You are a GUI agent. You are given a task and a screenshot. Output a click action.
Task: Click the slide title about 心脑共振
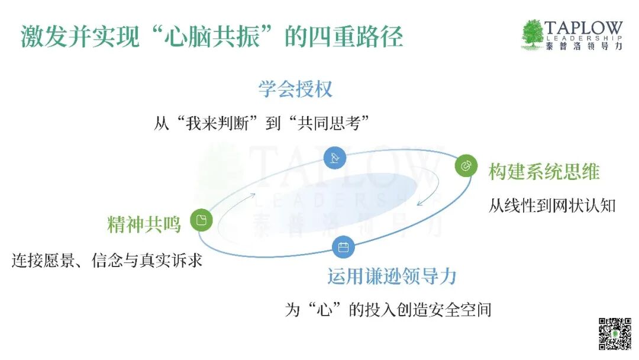coord(211,37)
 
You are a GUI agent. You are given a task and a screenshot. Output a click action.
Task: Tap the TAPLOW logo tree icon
coord(532,34)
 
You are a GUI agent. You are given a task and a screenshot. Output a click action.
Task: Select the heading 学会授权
coord(295,89)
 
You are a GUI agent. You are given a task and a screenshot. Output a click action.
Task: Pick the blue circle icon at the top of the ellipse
coord(335,157)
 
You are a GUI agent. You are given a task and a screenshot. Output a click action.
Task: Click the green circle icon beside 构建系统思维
coord(466,166)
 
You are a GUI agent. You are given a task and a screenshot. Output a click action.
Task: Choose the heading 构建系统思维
coord(544,172)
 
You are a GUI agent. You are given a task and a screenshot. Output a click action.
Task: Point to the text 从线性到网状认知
coord(552,205)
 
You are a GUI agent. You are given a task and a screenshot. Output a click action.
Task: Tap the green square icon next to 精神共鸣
coord(201,220)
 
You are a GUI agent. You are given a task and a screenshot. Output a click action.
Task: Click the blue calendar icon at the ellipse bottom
coord(343,247)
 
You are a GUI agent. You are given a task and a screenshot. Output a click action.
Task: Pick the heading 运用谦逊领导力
coord(392,277)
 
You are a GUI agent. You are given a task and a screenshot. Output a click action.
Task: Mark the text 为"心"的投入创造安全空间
coord(388,310)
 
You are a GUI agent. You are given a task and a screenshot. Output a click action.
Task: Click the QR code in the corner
coord(614,334)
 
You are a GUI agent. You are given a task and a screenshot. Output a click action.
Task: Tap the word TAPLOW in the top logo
coord(583,28)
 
